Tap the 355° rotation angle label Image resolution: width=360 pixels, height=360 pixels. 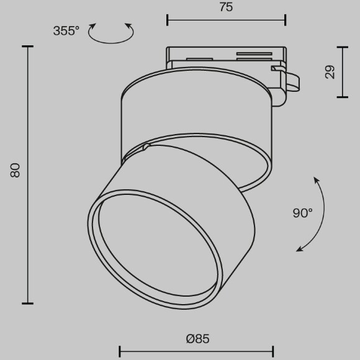(x=66, y=31)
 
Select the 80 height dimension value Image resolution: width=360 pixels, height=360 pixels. (x=16, y=170)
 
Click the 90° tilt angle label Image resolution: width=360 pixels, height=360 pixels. (x=302, y=213)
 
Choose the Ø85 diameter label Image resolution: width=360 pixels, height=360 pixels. (x=197, y=339)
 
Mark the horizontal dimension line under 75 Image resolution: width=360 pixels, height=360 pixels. (x=226, y=20)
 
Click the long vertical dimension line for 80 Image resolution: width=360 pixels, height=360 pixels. (x=27, y=174)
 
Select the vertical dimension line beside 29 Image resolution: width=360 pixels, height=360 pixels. (x=343, y=71)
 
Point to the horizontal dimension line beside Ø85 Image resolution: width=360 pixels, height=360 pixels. (x=196, y=351)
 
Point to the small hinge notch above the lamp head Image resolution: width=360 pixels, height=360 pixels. (x=146, y=147)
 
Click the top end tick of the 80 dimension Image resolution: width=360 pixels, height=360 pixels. (x=27, y=46)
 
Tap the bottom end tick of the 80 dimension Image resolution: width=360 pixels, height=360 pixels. (x=27, y=303)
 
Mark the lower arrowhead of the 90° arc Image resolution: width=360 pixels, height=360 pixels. (x=300, y=249)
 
